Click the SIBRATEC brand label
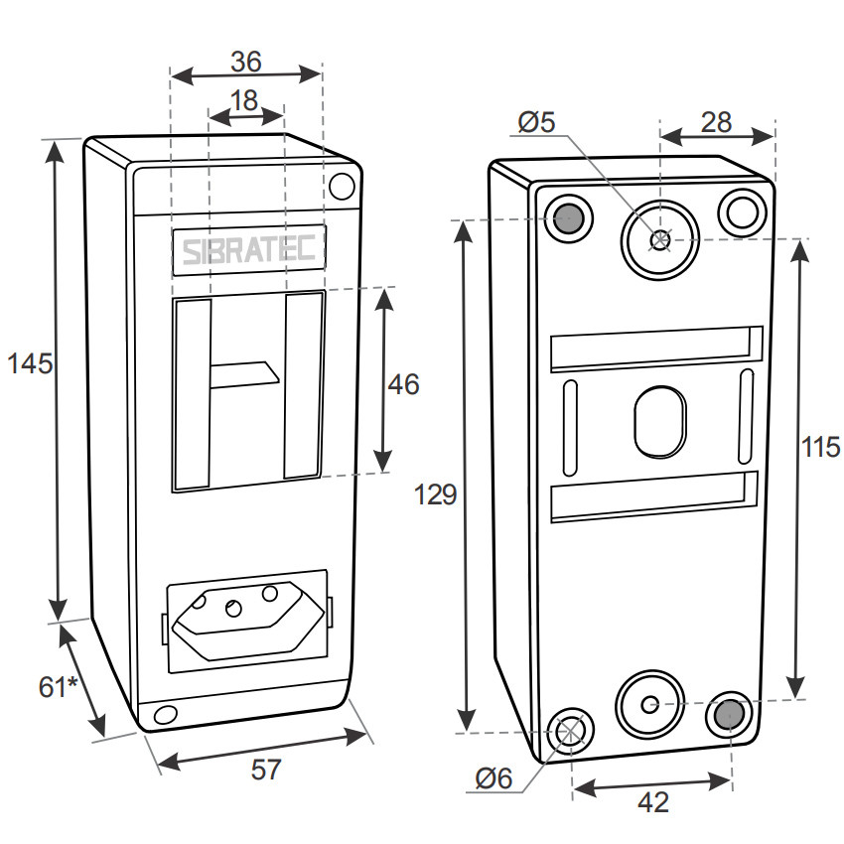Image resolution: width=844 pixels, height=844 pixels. pyautogui.click(x=248, y=251)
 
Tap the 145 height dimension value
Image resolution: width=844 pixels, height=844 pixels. pyautogui.click(x=28, y=363)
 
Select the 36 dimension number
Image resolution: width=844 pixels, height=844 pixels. pyautogui.click(x=245, y=62)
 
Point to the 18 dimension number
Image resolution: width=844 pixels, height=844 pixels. pyautogui.click(x=243, y=100)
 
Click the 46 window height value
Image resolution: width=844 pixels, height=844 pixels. pyautogui.click(x=403, y=384)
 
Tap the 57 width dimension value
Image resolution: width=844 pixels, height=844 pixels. pyautogui.click(x=265, y=770)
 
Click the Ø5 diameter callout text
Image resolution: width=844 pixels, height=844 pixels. pyautogui.click(x=537, y=122)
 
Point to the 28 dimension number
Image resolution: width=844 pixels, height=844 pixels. pyautogui.click(x=715, y=122)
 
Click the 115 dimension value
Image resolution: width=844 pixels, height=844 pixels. pyautogui.click(x=821, y=447)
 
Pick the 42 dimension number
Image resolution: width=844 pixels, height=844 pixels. pyautogui.click(x=651, y=801)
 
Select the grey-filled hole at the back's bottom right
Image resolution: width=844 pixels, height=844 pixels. pyautogui.click(x=729, y=714)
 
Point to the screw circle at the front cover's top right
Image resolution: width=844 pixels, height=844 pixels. pyautogui.click(x=341, y=186)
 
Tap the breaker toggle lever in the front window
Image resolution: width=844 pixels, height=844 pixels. pyautogui.click(x=244, y=375)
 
